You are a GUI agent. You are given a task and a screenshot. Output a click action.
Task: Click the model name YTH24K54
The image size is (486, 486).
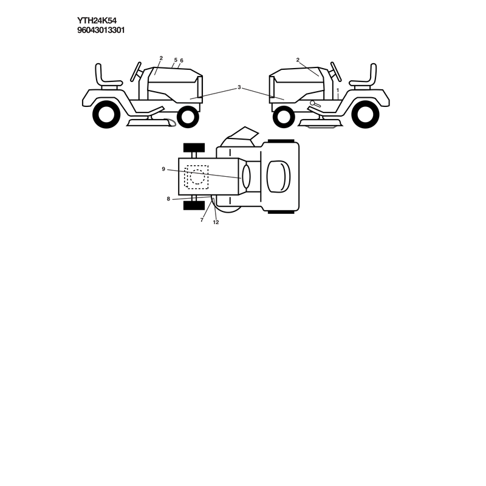coord(97,21)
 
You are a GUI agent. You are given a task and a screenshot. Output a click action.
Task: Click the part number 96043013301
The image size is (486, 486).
coord(101,30)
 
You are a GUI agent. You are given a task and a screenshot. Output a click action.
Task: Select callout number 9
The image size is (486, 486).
coord(163,169)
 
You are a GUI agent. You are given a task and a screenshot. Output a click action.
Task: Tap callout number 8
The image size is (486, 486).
coord(168,199)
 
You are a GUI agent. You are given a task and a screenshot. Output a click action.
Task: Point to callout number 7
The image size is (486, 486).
coord(202,220)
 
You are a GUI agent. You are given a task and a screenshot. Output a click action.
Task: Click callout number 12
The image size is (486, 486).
coord(216,222)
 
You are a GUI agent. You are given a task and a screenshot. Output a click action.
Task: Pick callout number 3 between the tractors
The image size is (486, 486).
coord(239,87)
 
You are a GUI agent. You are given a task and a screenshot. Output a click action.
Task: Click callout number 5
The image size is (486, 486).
coord(176,60)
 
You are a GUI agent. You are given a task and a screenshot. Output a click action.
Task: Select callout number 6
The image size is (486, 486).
coord(181,60)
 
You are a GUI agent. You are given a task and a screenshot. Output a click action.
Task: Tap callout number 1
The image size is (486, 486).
coord(338,90)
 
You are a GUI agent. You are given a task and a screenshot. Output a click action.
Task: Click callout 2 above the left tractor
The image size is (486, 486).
coord(161,58)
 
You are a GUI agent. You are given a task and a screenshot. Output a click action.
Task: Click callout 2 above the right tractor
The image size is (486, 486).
coord(298,60)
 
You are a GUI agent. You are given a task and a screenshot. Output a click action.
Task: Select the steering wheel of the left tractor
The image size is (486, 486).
coord(135,72)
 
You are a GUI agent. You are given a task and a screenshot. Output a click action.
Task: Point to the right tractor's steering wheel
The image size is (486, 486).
coord(336,72)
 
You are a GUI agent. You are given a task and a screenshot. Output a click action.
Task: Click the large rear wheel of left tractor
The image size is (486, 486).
coord(106,114)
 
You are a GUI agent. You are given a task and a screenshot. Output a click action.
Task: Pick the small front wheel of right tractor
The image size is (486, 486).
coord(284,117)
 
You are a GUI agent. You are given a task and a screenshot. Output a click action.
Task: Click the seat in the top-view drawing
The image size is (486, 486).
coord(279,177)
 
